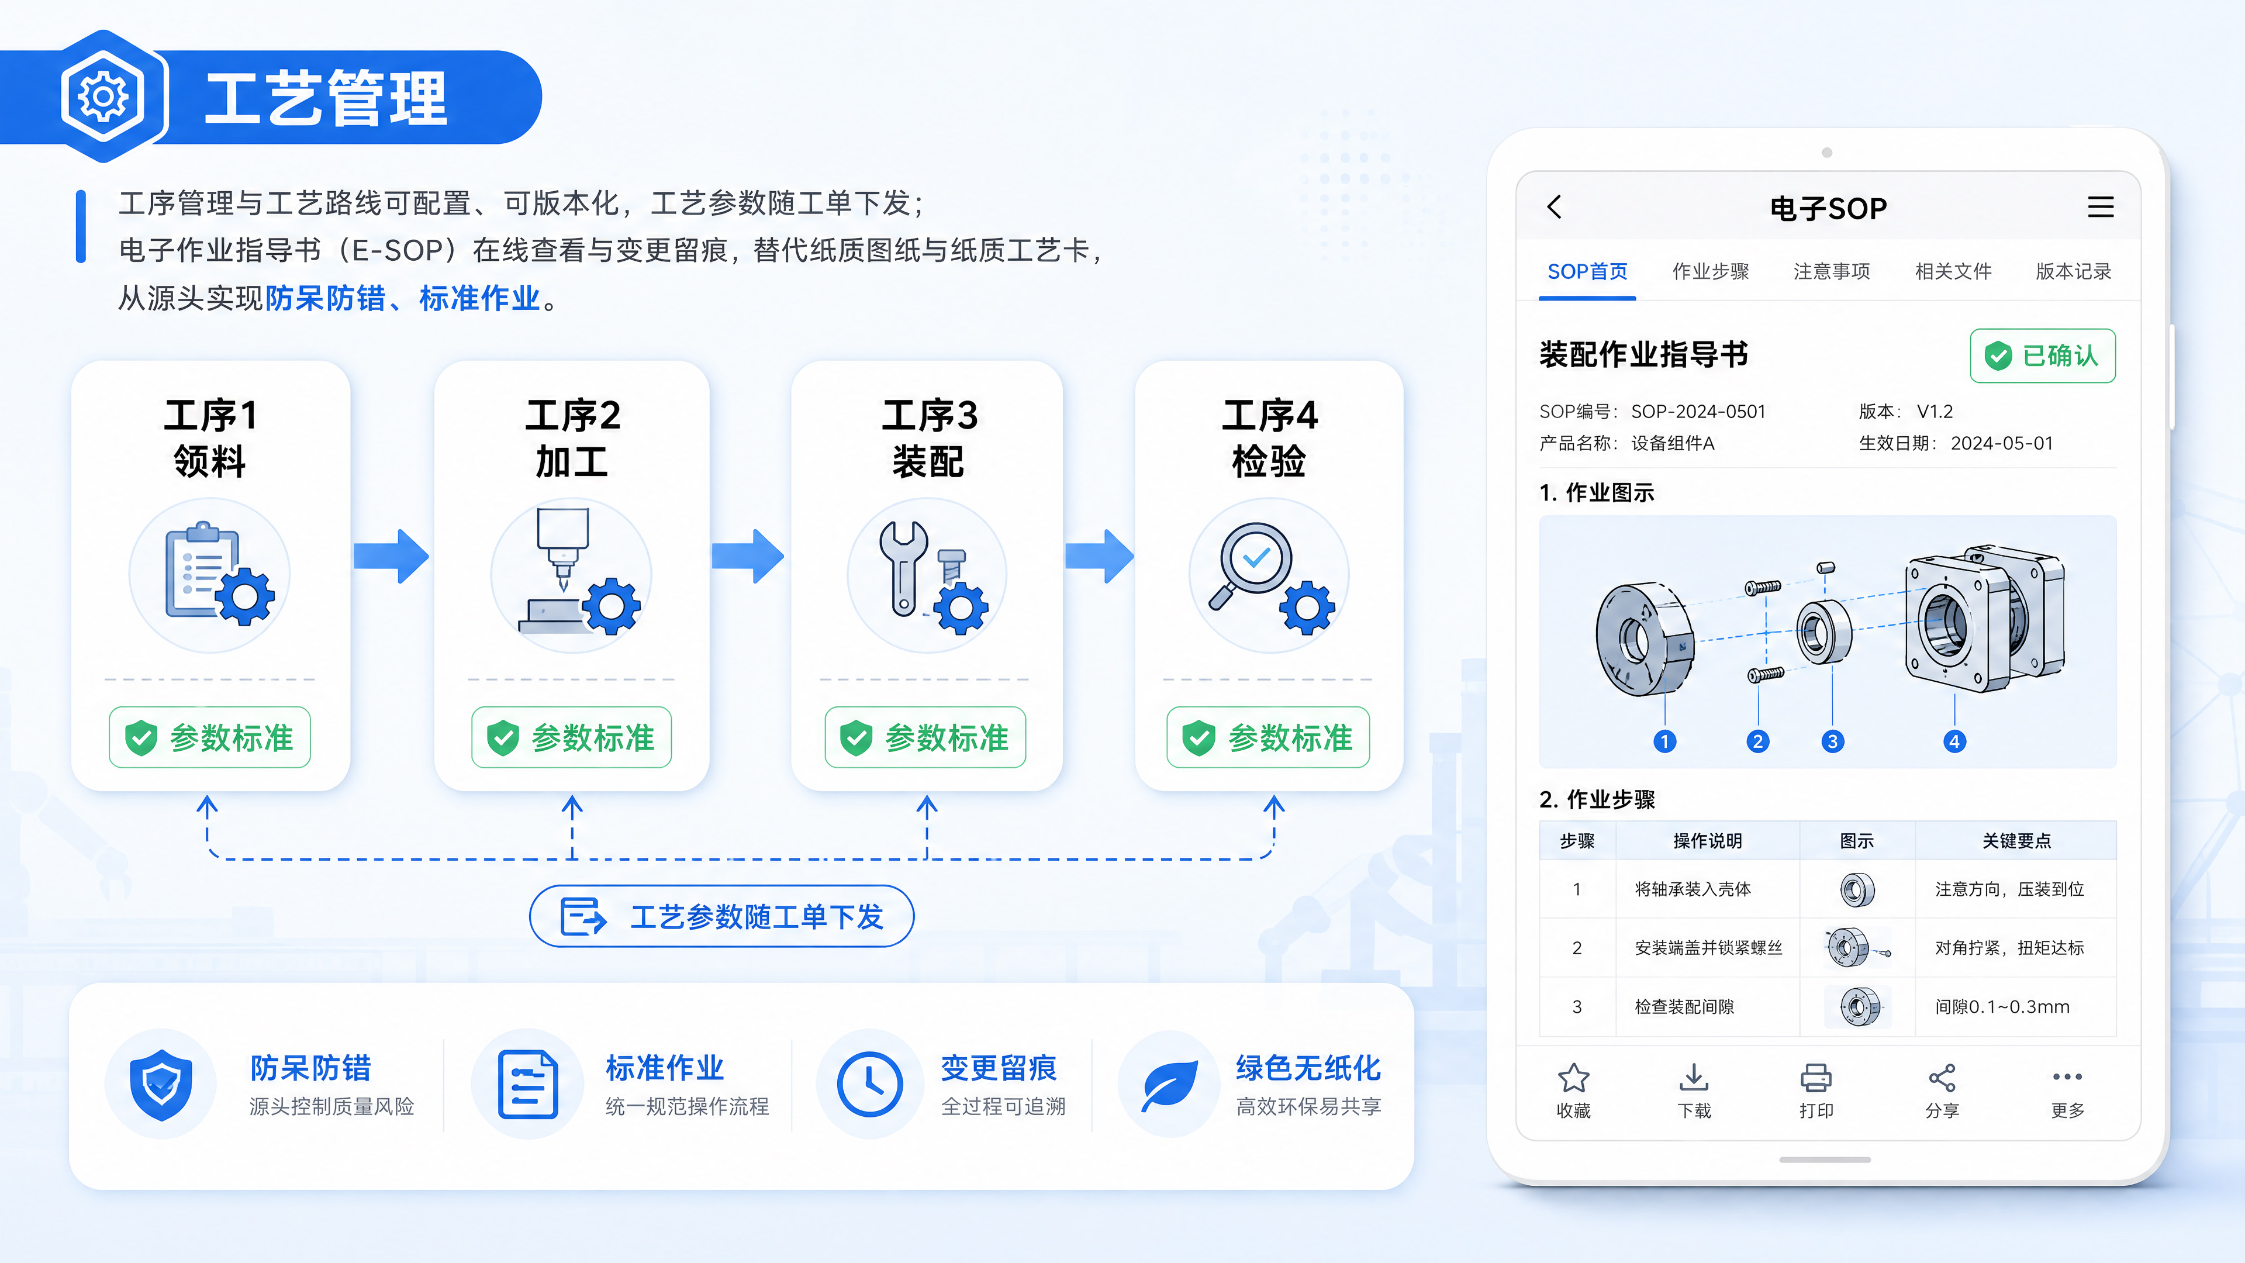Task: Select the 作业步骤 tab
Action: click(1710, 271)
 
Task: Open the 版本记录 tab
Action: click(2073, 271)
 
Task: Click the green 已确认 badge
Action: click(2042, 356)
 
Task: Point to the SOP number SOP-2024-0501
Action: click(1698, 412)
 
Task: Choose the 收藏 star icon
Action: click(1573, 1078)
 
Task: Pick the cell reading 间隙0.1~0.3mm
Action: click(2002, 1007)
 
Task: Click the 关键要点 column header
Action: click(2016, 840)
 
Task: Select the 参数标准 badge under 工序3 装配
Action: click(925, 737)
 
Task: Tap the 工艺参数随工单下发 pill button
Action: click(721, 916)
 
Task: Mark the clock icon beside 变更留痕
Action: click(869, 1084)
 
